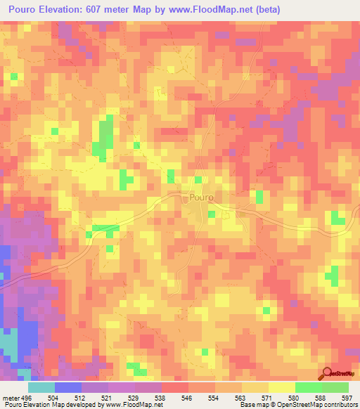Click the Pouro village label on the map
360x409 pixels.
(x=201, y=198)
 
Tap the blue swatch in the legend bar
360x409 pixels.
(x=67, y=387)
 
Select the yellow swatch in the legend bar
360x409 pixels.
(x=281, y=387)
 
